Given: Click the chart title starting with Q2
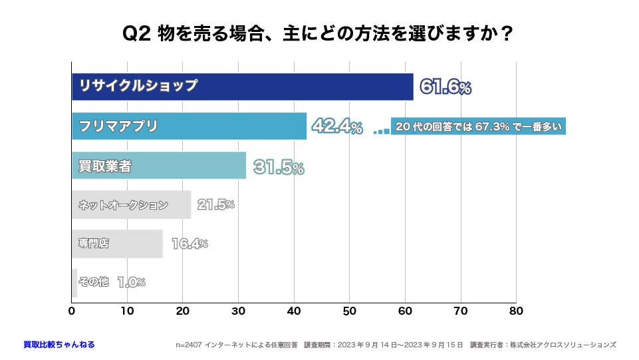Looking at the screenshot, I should pyautogui.click(x=319, y=33).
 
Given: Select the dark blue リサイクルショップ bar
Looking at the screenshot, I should pyautogui.click(x=242, y=87).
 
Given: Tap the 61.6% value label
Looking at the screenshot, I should pyautogui.click(x=445, y=87).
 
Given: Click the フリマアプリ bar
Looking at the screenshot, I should pyautogui.click(x=189, y=126).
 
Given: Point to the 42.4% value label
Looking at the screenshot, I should pyautogui.click(x=338, y=126).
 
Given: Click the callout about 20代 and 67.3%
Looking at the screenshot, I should pyautogui.click(x=478, y=126).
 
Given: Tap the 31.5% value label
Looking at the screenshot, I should pyautogui.click(x=279, y=167).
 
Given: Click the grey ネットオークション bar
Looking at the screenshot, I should pyautogui.click(x=131, y=205).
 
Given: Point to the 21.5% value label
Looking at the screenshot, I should pyautogui.click(x=215, y=205).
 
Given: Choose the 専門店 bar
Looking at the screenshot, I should pyautogui.click(x=117, y=244).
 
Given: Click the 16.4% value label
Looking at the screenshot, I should pyautogui.click(x=190, y=244).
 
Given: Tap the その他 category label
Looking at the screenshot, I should pyautogui.click(x=93, y=282).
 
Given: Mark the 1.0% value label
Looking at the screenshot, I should pyautogui.click(x=131, y=282).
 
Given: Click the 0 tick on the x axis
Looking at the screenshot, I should pyautogui.click(x=72, y=310).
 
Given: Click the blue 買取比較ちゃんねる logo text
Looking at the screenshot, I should pyautogui.click(x=59, y=345).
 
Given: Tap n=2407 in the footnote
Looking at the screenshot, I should pyautogui.click(x=189, y=345).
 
